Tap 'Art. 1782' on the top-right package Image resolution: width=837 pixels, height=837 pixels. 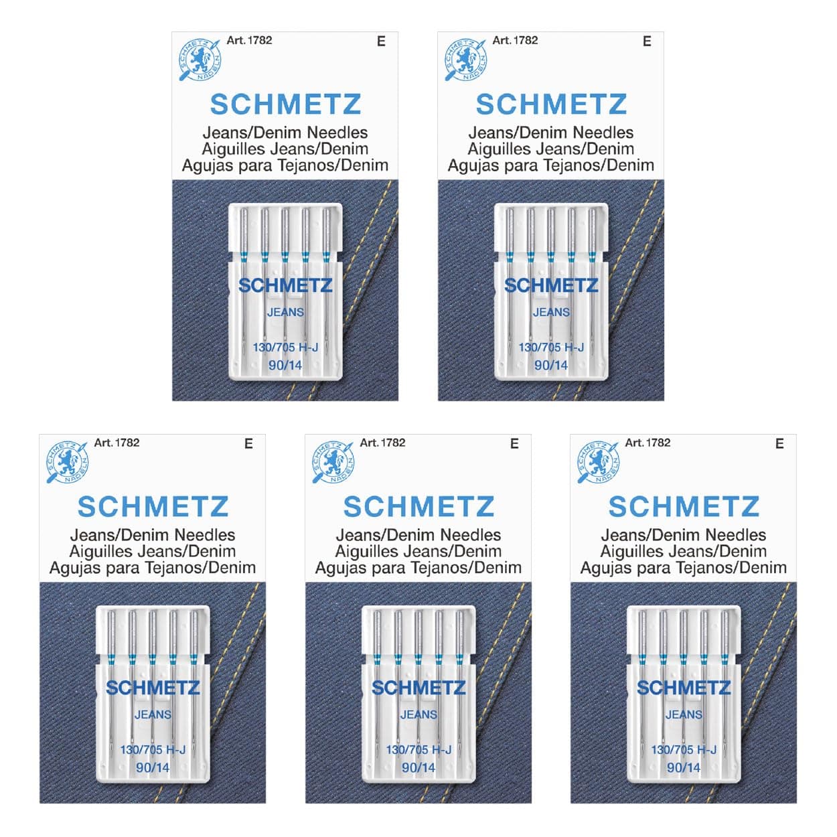(x=515, y=40)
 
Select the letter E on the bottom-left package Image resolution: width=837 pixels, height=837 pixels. (x=248, y=443)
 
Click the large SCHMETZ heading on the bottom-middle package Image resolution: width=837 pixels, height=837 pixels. (x=418, y=507)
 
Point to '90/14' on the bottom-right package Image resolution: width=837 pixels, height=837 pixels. (x=684, y=767)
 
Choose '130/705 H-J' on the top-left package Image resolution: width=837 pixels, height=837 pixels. (x=285, y=347)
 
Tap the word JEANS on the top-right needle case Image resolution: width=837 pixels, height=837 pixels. (x=551, y=312)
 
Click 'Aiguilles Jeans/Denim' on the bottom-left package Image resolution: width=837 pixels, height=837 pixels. (x=153, y=551)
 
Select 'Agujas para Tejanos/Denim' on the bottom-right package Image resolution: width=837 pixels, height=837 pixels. (x=684, y=568)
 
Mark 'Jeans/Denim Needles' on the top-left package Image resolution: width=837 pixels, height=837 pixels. (x=285, y=132)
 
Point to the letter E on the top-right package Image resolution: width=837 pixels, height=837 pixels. (x=647, y=41)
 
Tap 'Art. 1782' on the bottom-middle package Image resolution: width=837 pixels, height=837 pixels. (x=382, y=443)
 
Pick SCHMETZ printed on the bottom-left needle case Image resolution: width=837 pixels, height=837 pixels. (x=153, y=688)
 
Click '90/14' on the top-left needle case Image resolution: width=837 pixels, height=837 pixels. (x=285, y=365)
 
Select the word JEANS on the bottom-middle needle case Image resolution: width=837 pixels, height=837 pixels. (x=418, y=714)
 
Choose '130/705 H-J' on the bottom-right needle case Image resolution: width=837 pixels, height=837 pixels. (x=684, y=749)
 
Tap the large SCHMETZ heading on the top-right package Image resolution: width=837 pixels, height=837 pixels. (x=551, y=104)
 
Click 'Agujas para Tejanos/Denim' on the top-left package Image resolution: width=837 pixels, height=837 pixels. (x=285, y=165)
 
